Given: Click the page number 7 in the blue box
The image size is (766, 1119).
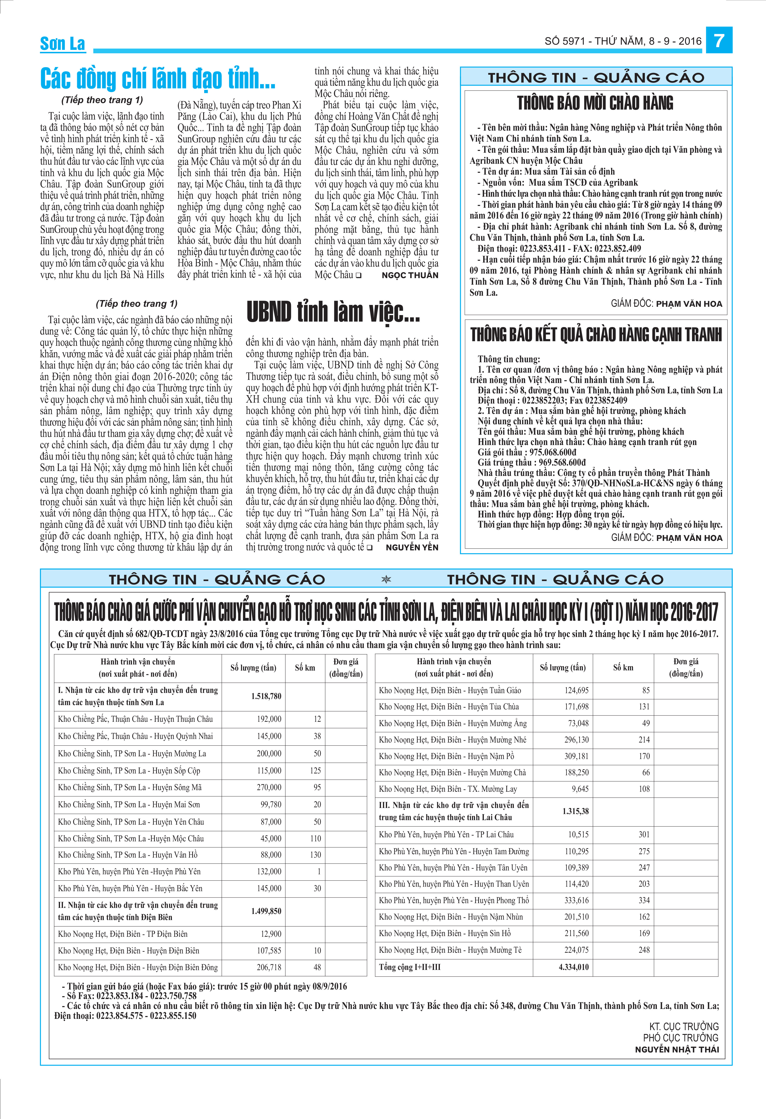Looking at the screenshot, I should click(x=719, y=40).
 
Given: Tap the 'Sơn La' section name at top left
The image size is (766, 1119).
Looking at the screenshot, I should click(x=62, y=44).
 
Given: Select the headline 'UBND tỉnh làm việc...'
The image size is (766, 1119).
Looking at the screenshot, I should click(x=333, y=312).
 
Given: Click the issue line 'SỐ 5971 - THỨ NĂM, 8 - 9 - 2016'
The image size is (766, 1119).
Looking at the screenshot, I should click(x=623, y=42).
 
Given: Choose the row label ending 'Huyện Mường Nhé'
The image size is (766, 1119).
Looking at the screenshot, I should click(x=452, y=740).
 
